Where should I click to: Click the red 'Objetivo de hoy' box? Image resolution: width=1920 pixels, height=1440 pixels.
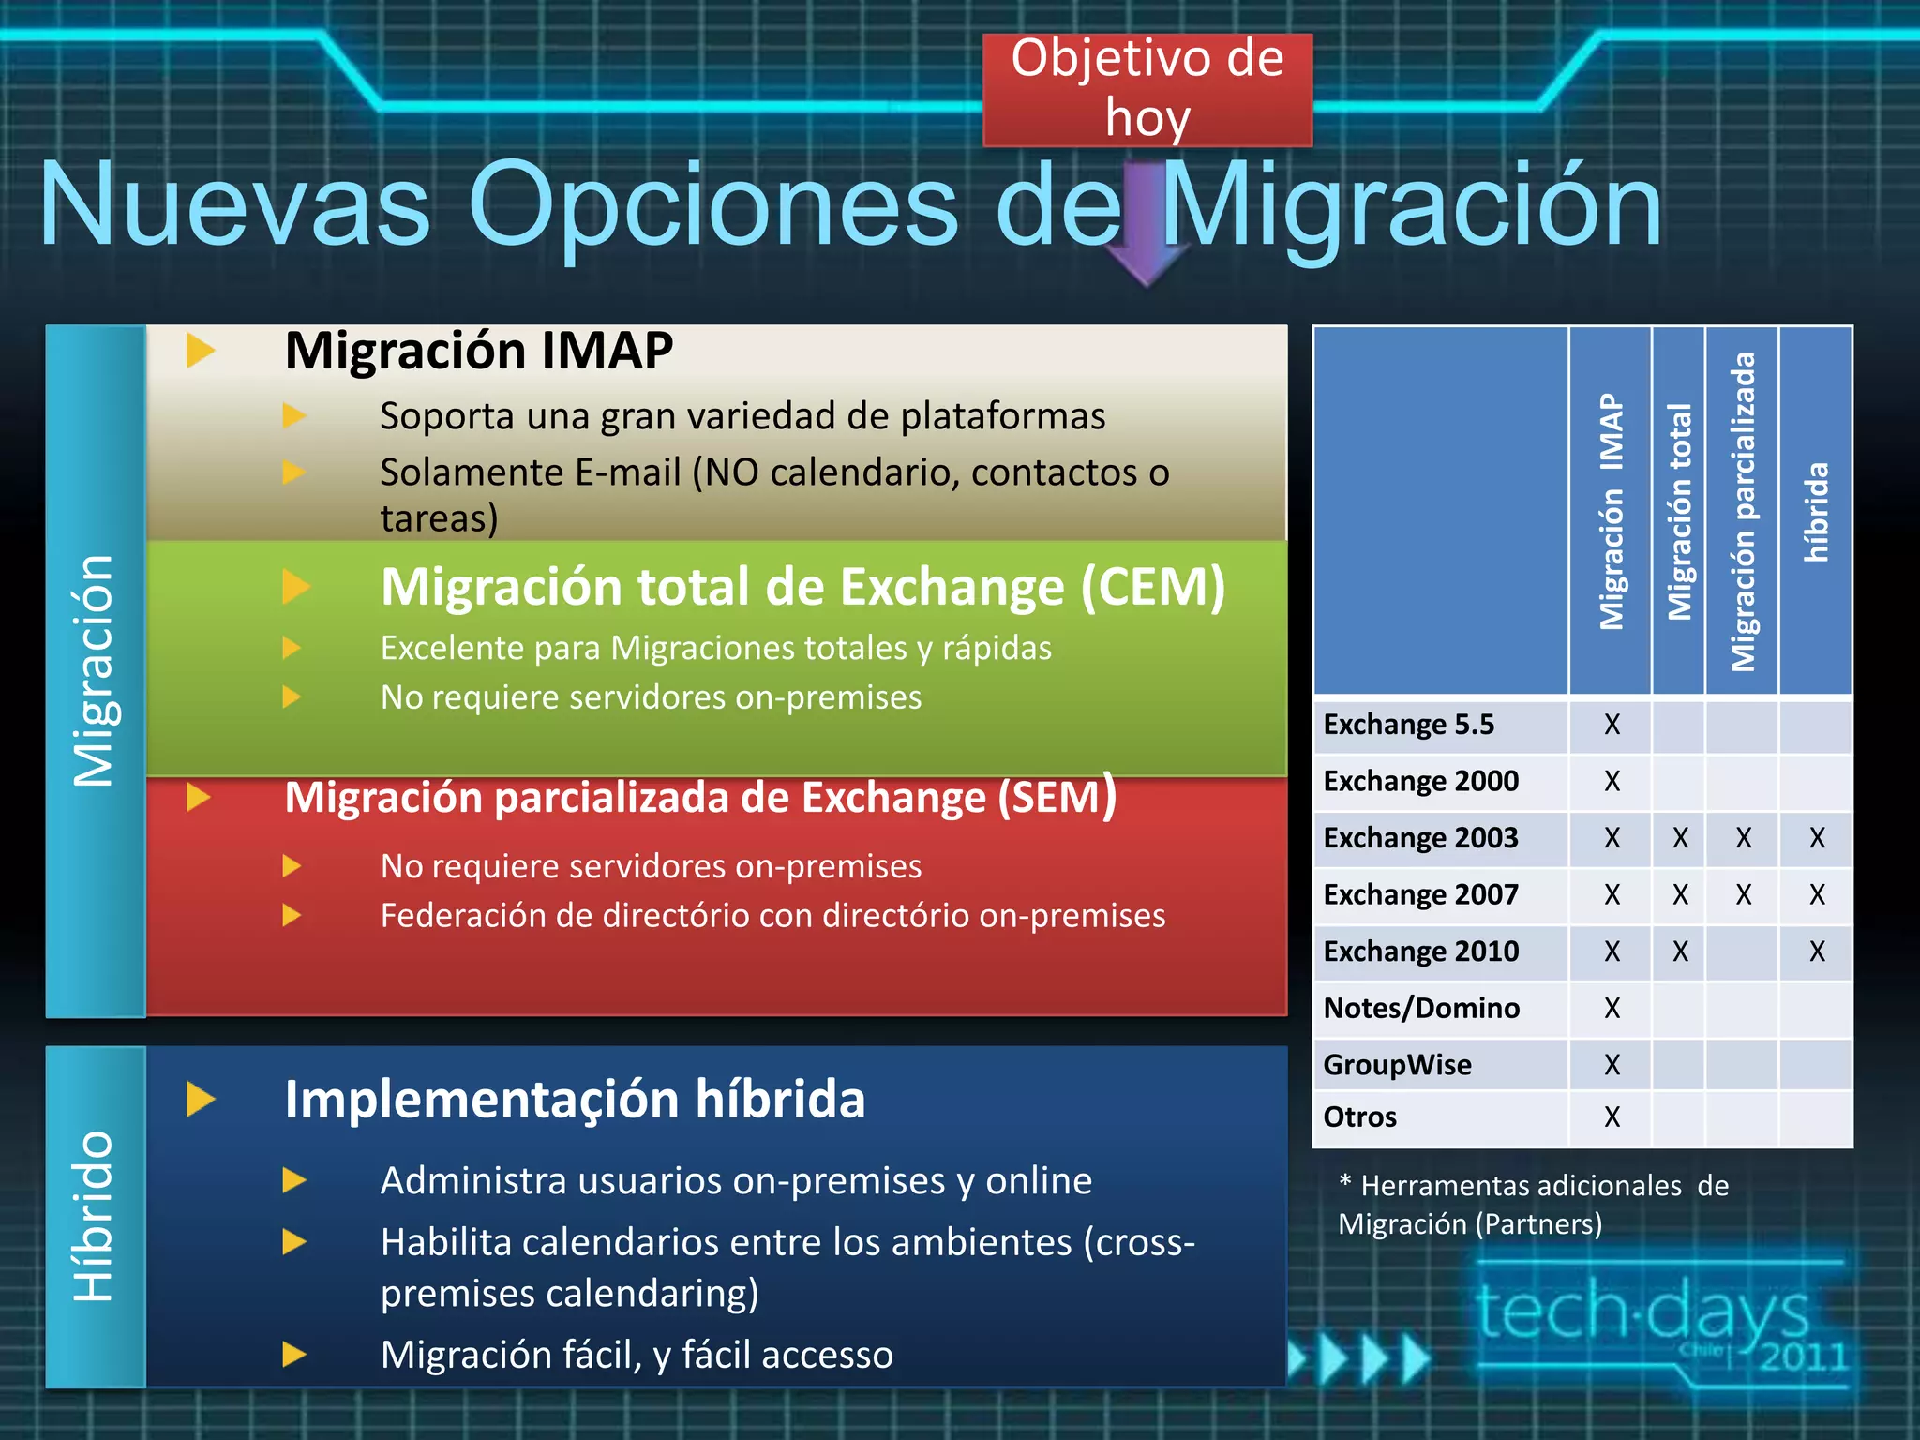coord(1147,89)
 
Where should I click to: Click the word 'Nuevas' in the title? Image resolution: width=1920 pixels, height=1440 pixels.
coord(234,204)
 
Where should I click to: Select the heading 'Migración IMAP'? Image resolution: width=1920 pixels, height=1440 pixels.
coord(478,351)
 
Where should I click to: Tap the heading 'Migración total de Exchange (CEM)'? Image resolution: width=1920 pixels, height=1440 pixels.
coord(802,587)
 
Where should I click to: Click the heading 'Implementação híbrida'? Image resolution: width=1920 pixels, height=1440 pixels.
coord(574,1099)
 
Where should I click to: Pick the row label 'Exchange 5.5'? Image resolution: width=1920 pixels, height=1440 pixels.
coord(1408,725)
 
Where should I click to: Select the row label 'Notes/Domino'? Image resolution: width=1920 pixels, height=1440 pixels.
coord(1421,1008)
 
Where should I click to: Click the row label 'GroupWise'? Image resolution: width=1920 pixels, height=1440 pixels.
coord(1397,1065)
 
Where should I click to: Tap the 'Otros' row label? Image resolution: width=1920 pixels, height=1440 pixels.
coord(1359,1117)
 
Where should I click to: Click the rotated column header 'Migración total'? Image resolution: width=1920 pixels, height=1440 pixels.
coord(1679,511)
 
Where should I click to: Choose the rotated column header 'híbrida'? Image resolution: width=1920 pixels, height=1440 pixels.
coord(1816,511)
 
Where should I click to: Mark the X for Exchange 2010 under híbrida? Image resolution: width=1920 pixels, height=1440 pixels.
coord(1817,952)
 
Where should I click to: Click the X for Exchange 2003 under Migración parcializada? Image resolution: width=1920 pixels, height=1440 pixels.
coord(1743,838)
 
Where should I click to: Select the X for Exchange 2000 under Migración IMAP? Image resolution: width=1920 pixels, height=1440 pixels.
coord(1612,781)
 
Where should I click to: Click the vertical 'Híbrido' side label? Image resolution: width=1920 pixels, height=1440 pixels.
coord(95,1216)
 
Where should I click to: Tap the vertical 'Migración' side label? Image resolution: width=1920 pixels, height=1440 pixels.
coord(95,670)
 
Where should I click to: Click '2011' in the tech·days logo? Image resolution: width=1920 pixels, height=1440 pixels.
coord(1802,1357)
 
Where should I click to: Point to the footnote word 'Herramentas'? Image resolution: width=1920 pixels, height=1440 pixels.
coord(1521,1186)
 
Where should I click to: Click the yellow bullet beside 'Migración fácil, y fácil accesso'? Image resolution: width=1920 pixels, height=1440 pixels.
coord(294,1354)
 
